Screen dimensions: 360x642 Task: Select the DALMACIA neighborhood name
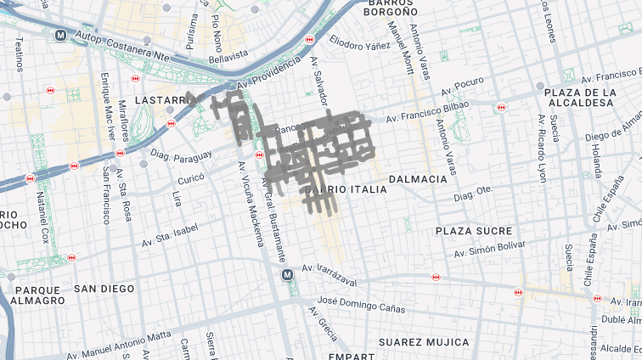point(418,179)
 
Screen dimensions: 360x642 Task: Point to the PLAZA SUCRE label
point(474,231)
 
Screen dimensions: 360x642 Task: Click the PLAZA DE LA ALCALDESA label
point(580,97)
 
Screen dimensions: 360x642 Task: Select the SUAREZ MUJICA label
point(424,341)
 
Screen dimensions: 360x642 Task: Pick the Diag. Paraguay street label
point(181,156)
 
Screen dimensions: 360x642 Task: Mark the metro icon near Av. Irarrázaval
point(288,274)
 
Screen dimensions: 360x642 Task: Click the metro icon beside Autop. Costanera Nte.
point(60,36)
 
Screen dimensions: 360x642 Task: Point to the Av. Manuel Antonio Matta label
point(120,346)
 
